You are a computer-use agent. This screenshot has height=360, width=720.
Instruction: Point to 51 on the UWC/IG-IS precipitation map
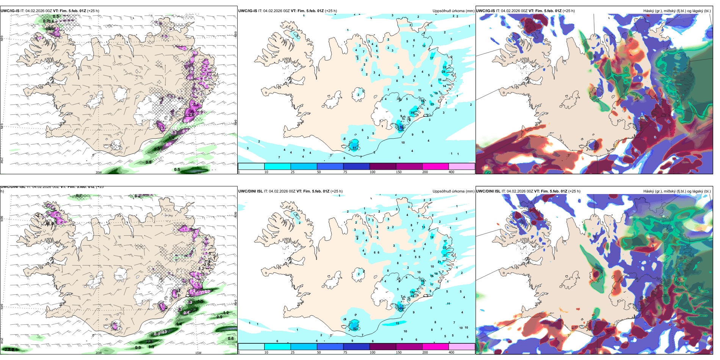(355, 148)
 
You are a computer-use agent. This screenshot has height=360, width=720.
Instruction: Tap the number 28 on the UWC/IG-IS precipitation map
(443, 72)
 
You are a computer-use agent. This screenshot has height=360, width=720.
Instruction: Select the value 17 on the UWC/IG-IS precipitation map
(432, 58)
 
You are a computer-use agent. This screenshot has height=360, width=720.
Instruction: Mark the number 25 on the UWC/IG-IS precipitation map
(432, 104)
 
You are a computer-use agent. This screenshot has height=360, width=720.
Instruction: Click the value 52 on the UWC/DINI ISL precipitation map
(355, 329)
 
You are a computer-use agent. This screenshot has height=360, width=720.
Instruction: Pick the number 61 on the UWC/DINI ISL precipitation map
(401, 308)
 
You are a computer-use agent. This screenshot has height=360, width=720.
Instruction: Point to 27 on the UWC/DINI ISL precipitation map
(445, 255)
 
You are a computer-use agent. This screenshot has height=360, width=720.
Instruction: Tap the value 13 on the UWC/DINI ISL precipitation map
(424, 227)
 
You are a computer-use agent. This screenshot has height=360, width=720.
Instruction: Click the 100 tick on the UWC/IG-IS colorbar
(373, 172)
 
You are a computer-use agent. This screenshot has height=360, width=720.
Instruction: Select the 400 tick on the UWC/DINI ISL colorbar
(451, 352)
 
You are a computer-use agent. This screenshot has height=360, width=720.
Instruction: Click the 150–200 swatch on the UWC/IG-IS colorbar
(435, 166)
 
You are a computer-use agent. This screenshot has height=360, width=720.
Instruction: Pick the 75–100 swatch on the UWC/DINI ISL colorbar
(356, 346)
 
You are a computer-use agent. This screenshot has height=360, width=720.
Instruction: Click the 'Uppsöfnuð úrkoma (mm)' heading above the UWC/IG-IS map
(453, 11)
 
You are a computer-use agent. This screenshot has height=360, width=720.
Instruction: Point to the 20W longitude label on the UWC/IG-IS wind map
(99, 172)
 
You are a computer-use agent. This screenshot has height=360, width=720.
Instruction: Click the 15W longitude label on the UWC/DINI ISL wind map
(198, 353)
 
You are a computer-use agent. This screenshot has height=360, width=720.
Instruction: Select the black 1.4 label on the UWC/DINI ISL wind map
(178, 324)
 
